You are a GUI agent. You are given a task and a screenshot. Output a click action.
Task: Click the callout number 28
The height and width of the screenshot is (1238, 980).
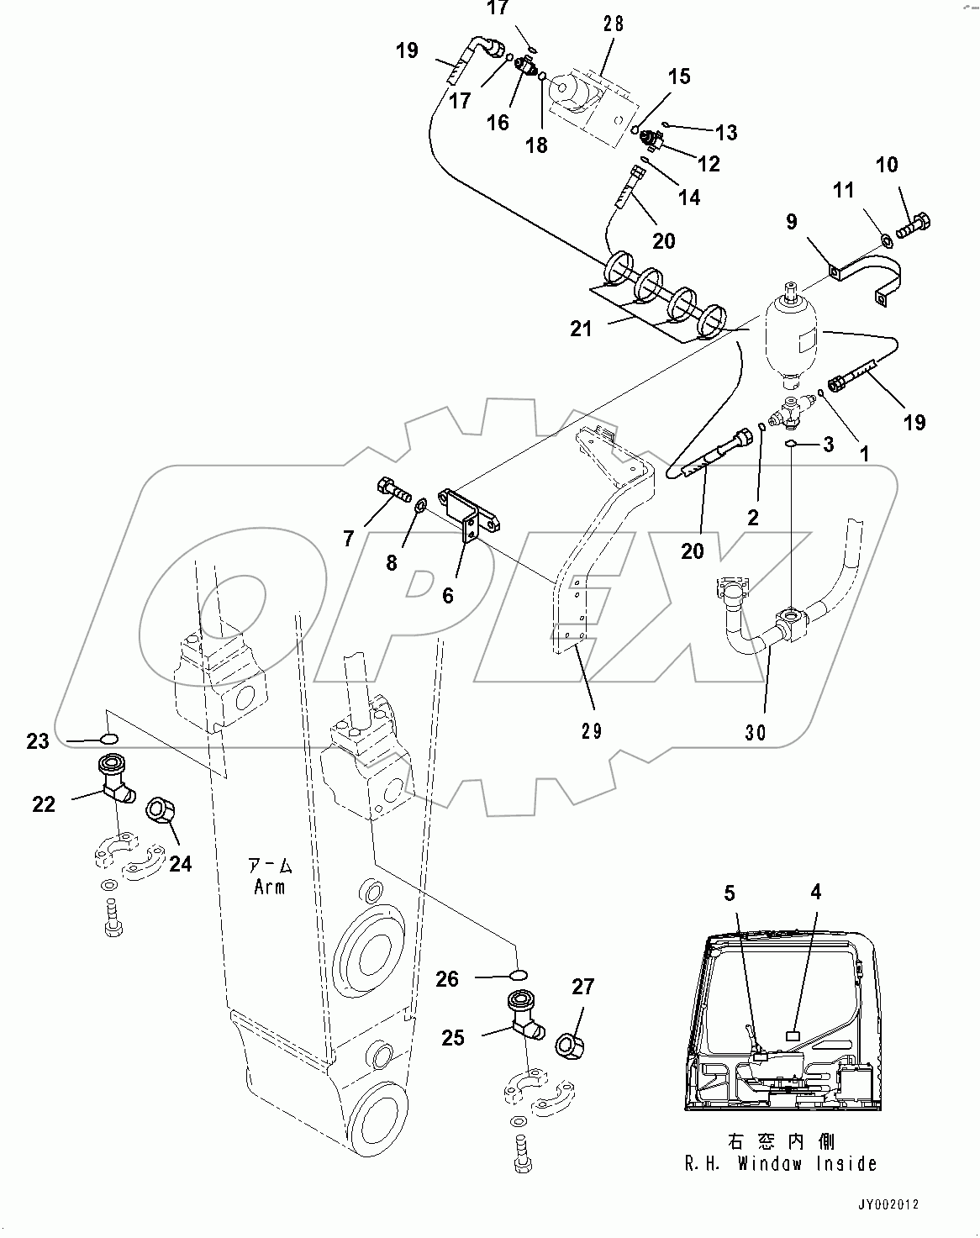pyautogui.click(x=614, y=24)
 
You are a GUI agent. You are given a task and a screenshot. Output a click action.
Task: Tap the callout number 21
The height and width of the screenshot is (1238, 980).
pyautogui.click(x=581, y=329)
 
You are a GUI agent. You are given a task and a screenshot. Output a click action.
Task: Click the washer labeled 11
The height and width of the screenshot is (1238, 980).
pyautogui.click(x=887, y=242)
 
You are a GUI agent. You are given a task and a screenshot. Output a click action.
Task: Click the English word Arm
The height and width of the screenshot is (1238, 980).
pyautogui.click(x=269, y=887)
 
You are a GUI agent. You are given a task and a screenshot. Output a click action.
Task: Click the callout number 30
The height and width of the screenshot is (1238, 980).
pyautogui.click(x=756, y=732)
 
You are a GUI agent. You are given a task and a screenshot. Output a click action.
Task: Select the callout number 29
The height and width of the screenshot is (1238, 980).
pyautogui.click(x=591, y=730)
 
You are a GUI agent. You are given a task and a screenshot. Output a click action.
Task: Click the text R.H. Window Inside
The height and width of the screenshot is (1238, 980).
pyautogui.click(x=780, y=1163)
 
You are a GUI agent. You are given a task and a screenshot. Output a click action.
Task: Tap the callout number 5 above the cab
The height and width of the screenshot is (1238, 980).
pyautogui.click(x=730, y=893)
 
